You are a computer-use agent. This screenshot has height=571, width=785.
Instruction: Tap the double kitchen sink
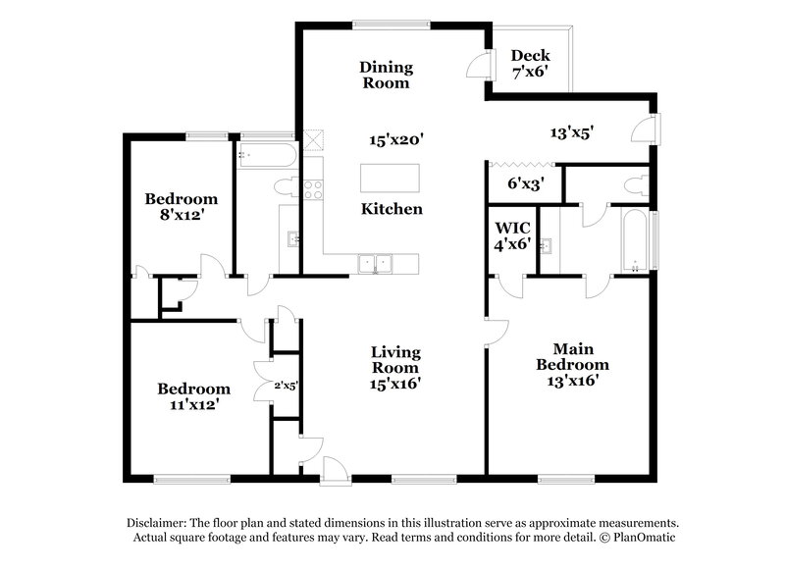click(x=375, y=262)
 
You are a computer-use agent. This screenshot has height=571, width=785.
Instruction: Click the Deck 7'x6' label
click(x=531, y=64)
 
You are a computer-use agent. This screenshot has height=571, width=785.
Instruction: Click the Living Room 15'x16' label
click(x=395, y=368)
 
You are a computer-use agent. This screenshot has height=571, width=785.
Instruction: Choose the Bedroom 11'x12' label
click(x=193, y=395)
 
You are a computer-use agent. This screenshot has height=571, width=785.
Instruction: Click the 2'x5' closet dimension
click(x=284, y=386)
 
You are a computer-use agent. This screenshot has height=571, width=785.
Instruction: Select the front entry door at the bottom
click(x=333, y=469)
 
